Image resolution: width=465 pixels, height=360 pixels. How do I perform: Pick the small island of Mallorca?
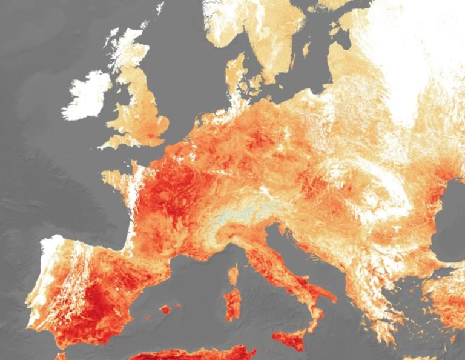click(x=165, y=310)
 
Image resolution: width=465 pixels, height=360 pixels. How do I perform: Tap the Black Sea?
click(x=451, y=224)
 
